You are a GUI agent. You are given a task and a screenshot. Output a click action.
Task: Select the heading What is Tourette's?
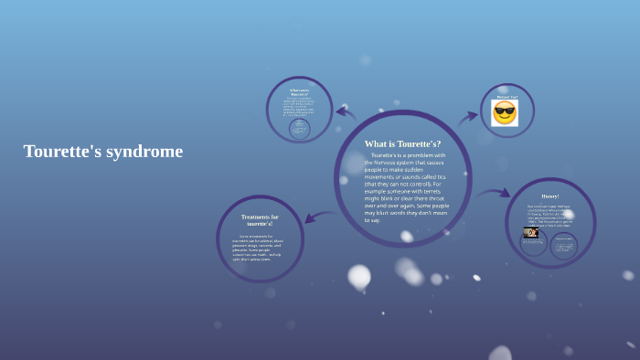pos(402,143)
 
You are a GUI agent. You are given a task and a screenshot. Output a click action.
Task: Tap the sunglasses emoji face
pos(505,113)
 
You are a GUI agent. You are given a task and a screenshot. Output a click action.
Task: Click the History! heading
pos(549,196)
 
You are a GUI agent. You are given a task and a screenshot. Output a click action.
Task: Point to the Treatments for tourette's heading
pos(260,220)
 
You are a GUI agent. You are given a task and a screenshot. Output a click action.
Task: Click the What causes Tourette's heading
pos(299,92)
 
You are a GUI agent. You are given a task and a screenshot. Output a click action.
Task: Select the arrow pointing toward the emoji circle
pos(468,117)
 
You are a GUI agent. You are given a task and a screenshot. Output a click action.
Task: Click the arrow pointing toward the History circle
pos(494,193)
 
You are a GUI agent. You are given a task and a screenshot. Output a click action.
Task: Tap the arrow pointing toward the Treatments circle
pos(319,216)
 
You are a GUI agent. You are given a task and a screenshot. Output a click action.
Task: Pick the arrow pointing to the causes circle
pos(345,112)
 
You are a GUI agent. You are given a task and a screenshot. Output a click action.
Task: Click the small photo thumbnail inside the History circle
pos(530,233)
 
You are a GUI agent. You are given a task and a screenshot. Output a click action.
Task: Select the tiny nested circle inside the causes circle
pos(299,129)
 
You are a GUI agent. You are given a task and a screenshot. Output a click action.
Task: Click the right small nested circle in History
pos(563,245)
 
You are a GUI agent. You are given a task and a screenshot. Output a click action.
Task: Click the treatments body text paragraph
pos(259,247)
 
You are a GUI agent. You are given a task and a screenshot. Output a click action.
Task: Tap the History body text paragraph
pos(549,214)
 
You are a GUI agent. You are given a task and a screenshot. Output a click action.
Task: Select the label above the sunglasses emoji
pos(507,96)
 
